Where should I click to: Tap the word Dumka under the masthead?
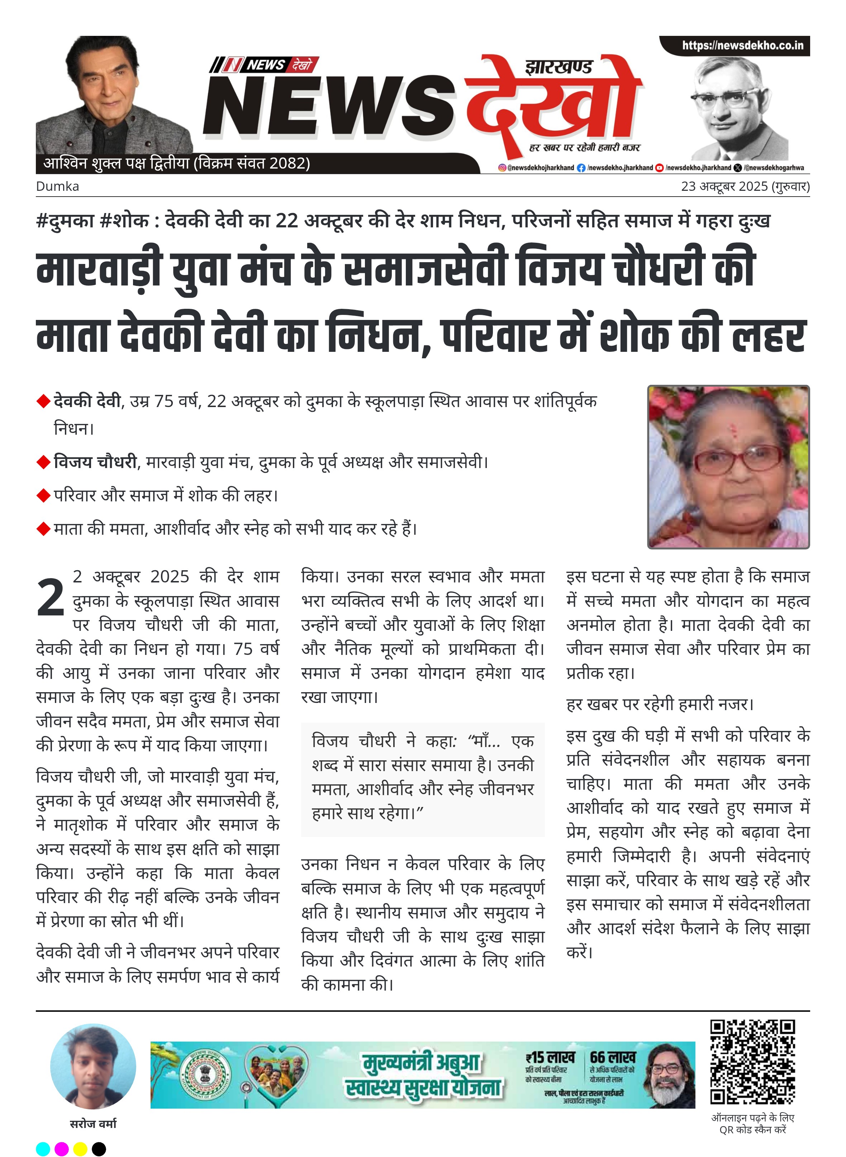57,186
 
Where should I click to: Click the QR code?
752,1062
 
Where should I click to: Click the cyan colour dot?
43,1148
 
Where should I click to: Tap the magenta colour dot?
61,1148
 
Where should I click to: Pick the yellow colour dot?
80,1148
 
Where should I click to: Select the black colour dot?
99,1148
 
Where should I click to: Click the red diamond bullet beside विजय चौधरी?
43,463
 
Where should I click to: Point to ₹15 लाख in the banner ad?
550,1057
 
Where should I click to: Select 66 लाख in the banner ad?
613,1057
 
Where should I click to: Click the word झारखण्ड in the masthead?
559,67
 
